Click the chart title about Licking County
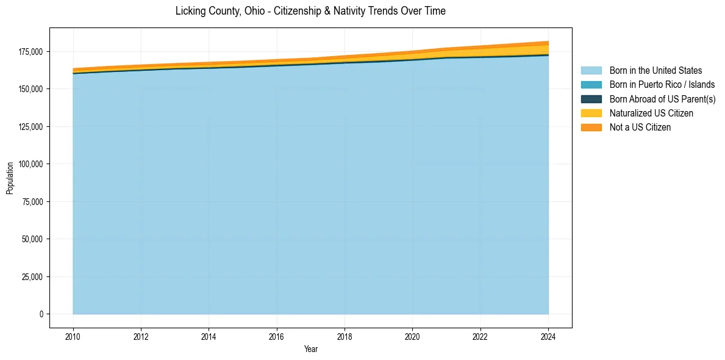pos(310,11)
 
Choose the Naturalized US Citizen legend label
pos(651,113)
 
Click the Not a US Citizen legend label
pos(640,127)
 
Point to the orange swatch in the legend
pos(591,127)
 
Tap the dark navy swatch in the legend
pos(591,99)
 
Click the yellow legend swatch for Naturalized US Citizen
pos(591,113)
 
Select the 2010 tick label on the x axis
pos(73,336)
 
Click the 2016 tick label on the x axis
pos(277,336)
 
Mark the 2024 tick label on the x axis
pos(548,336)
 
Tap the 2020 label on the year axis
pos(413,336)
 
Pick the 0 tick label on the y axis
pos(41,314)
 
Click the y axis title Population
pos(9,178)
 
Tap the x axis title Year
pos(310,349)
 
